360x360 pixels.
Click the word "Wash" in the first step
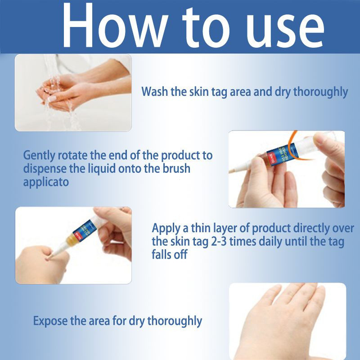click(x=155, y=91)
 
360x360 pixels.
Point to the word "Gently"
click(x=39, y=156)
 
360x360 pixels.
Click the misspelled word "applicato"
click(x=46, y=183)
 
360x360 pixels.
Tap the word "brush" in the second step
click(x=176, y=168)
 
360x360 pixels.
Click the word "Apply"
click(x=166, y=229)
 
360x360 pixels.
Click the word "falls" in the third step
click(x=161, y=254)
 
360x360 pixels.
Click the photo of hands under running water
click(x=73, y=93)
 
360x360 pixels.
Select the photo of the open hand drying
click(x=288, y=321)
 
